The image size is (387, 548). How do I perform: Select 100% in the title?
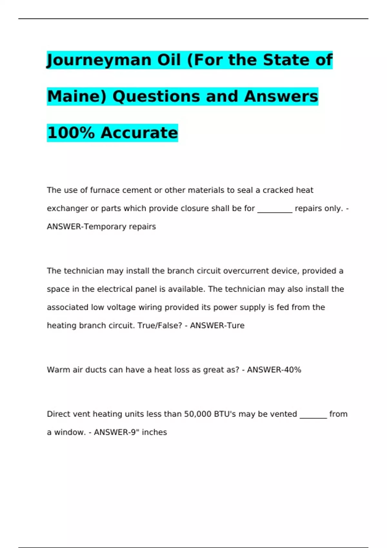(71, 133)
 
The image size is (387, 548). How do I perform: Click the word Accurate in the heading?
(139, 133)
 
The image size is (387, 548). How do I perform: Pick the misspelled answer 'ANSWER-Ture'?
(217, 326)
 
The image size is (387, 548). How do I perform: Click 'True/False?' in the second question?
(160, 326)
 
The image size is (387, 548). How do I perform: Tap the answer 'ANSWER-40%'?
(274, 370)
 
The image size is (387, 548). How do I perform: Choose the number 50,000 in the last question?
(198, 414)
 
